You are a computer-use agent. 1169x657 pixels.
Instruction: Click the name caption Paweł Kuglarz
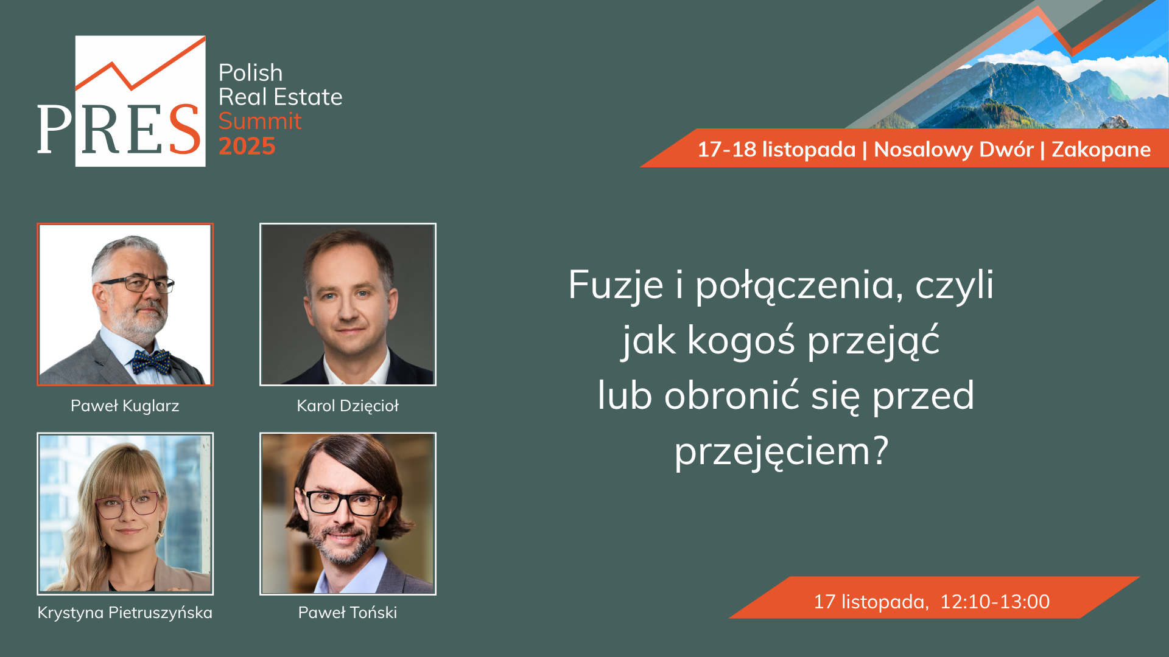tap(125, 406)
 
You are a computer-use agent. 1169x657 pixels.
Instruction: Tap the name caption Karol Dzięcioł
tap(348, 406)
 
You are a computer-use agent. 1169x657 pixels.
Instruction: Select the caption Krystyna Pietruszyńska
tap(125, 613)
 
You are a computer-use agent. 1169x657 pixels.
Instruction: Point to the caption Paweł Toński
tap(348, 613)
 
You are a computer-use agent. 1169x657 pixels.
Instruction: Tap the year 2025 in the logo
tap(247, 147)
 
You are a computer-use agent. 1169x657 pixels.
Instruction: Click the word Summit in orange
tap(260, 121)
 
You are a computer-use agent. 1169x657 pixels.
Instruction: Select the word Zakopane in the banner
tap(1101, 150)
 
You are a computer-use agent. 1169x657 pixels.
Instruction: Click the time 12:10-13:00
tap(995, 602)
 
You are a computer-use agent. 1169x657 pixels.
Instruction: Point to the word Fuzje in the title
tap(616, 285)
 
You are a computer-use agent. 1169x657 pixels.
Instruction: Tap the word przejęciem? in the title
tap(782, 452)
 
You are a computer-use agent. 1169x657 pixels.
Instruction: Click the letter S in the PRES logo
tap(184, 129)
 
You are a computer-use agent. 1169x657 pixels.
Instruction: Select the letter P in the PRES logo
tap(55, 129)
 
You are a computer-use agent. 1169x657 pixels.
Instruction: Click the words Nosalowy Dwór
tap(953, 150)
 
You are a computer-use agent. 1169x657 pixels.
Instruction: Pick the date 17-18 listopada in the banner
tap(776, 150)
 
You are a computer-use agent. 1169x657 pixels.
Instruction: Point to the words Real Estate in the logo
tap(280, 97)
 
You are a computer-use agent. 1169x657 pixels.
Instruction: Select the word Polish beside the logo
tap(250, 73)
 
